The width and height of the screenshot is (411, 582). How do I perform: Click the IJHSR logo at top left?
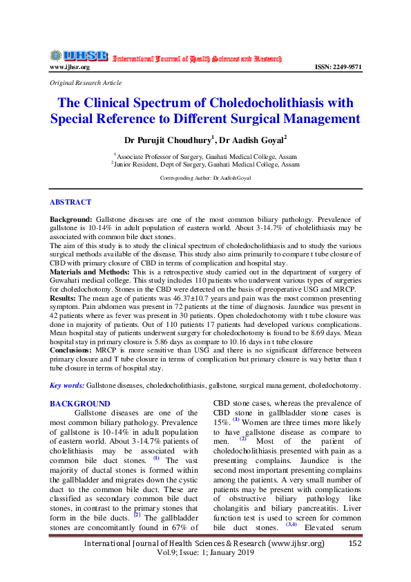(78, 55)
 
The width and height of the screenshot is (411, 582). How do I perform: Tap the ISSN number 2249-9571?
(338, 67)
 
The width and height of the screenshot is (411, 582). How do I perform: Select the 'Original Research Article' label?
(86, 82)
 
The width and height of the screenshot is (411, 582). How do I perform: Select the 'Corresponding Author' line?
(205, 178)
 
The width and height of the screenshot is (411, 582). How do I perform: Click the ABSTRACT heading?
(70, 203)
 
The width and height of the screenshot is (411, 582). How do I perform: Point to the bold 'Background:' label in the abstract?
(71, 218)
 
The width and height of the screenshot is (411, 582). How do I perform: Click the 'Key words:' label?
(67, 384)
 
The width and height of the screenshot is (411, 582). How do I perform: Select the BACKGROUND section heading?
(79, 403)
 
